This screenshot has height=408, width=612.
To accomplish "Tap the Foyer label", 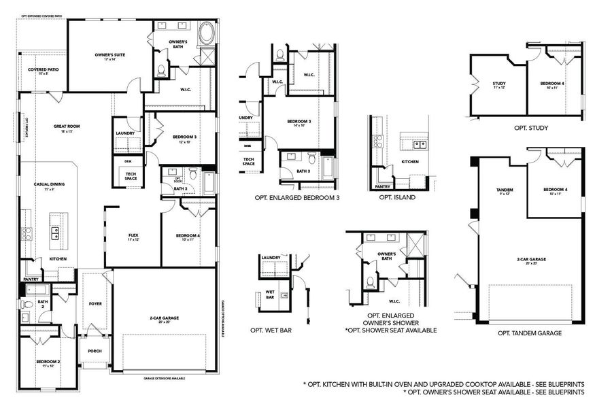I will coord(95,304).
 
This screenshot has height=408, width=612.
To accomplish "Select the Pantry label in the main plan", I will coord(31,279).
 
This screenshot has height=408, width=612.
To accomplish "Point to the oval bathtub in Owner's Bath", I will coord(205,33).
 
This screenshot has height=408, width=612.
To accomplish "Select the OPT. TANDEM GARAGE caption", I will coord(530,333).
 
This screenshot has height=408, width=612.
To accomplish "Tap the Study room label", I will coord(499,85).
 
